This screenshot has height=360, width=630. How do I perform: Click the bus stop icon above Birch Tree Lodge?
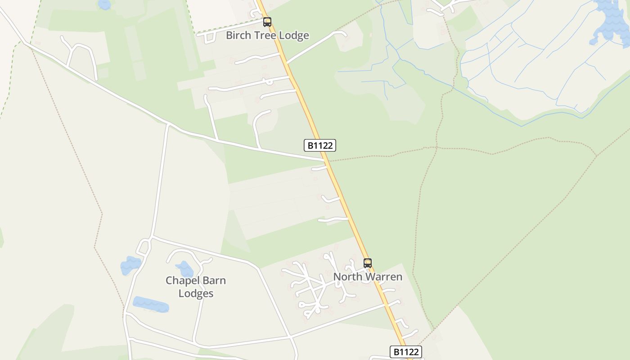tap(267, 22)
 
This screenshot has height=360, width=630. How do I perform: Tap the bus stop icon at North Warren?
tap(368, 263)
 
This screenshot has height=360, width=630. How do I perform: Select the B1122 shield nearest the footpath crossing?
tap(320, 145)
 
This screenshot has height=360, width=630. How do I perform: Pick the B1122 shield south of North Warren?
tap(405, 351)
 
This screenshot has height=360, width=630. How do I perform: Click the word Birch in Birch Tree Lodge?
tap(238, 35)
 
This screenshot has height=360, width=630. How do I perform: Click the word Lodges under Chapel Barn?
tap(196, 293)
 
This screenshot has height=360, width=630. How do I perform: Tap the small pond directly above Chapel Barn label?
tap(184, 269)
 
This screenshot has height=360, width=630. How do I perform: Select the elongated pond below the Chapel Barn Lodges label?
tap(151, 304)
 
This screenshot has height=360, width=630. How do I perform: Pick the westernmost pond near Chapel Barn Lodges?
tap(130, 265)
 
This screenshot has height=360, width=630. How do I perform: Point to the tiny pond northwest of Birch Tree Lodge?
tap(104, 4)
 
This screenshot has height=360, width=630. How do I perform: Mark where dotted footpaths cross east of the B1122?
tap(436, 147)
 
